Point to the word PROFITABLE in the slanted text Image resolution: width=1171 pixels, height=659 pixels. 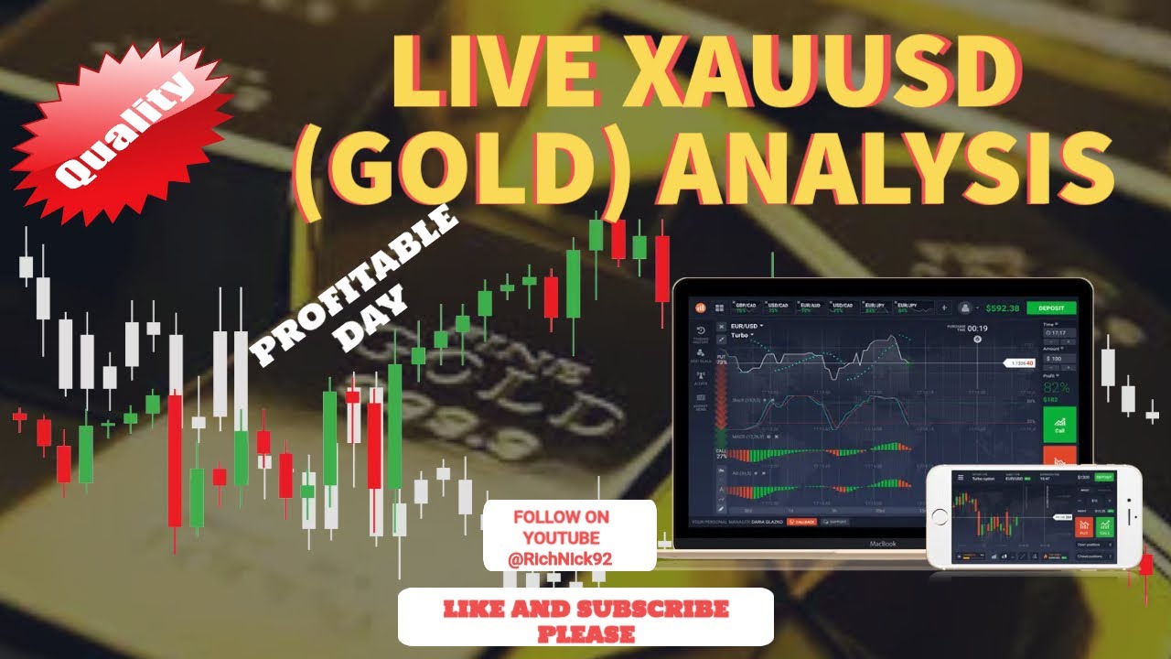pyautogui.click(x=354, y=284)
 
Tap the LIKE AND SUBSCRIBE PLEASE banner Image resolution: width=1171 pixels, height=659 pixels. pyautogui.click(x=585, y=618)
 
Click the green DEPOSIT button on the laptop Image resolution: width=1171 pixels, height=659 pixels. pyautogui.click(x=1051, y=308)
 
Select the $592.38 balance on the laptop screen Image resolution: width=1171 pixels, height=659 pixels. pyautogui.click(x=1004, y=308)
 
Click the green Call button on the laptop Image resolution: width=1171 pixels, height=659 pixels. pyautogui.click(x=1059, y=424)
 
